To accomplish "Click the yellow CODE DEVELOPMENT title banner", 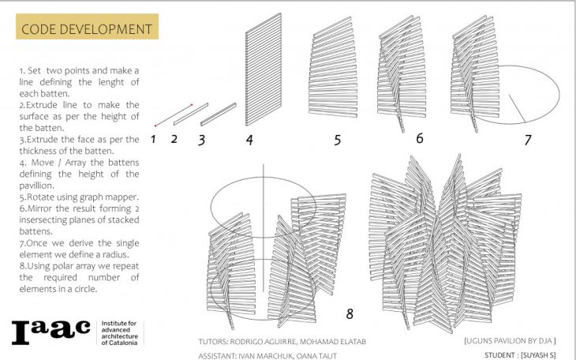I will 86,29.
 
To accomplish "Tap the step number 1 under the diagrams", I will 155,140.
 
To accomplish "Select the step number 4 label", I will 249,141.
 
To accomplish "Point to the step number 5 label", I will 337,141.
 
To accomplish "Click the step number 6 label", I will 419,138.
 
